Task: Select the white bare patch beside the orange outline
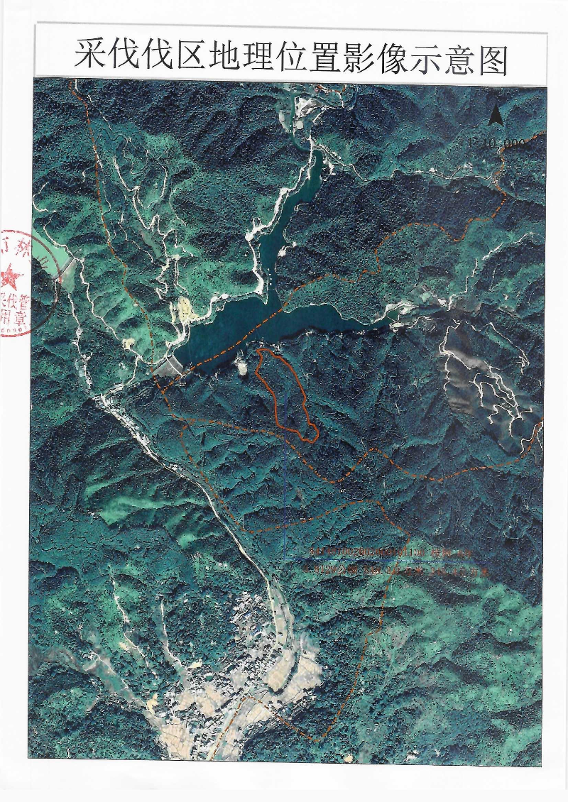(x=241, y=365)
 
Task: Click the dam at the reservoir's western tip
(x=170, y=366)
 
